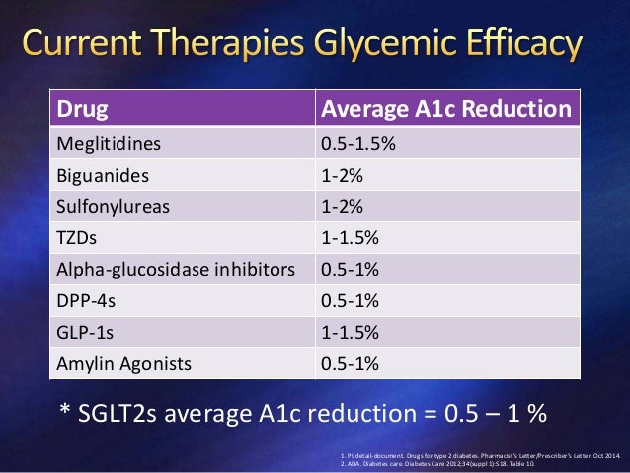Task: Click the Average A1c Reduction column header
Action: click(445, 108)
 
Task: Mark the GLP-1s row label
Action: click(82, 332)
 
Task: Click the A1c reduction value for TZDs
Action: click(351, 237)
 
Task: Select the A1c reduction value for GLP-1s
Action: click(351, 332)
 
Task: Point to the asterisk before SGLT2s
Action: click(58, 407)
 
